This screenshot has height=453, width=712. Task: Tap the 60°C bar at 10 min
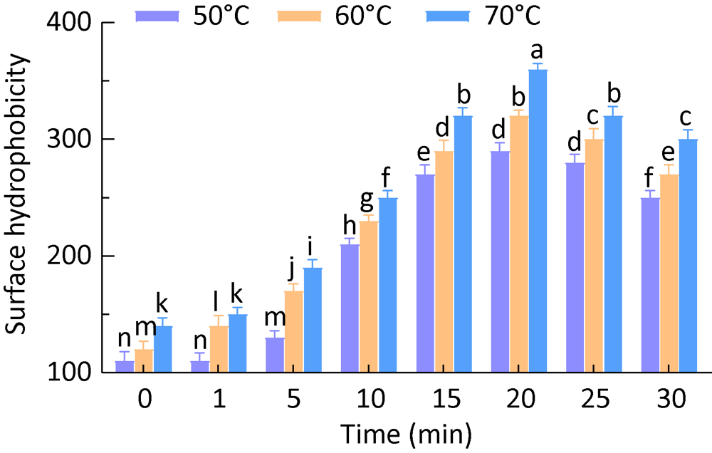(369, 296)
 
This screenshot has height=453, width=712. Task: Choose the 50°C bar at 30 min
(651, 285)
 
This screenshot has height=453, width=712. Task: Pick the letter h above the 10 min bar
(350, 225)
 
